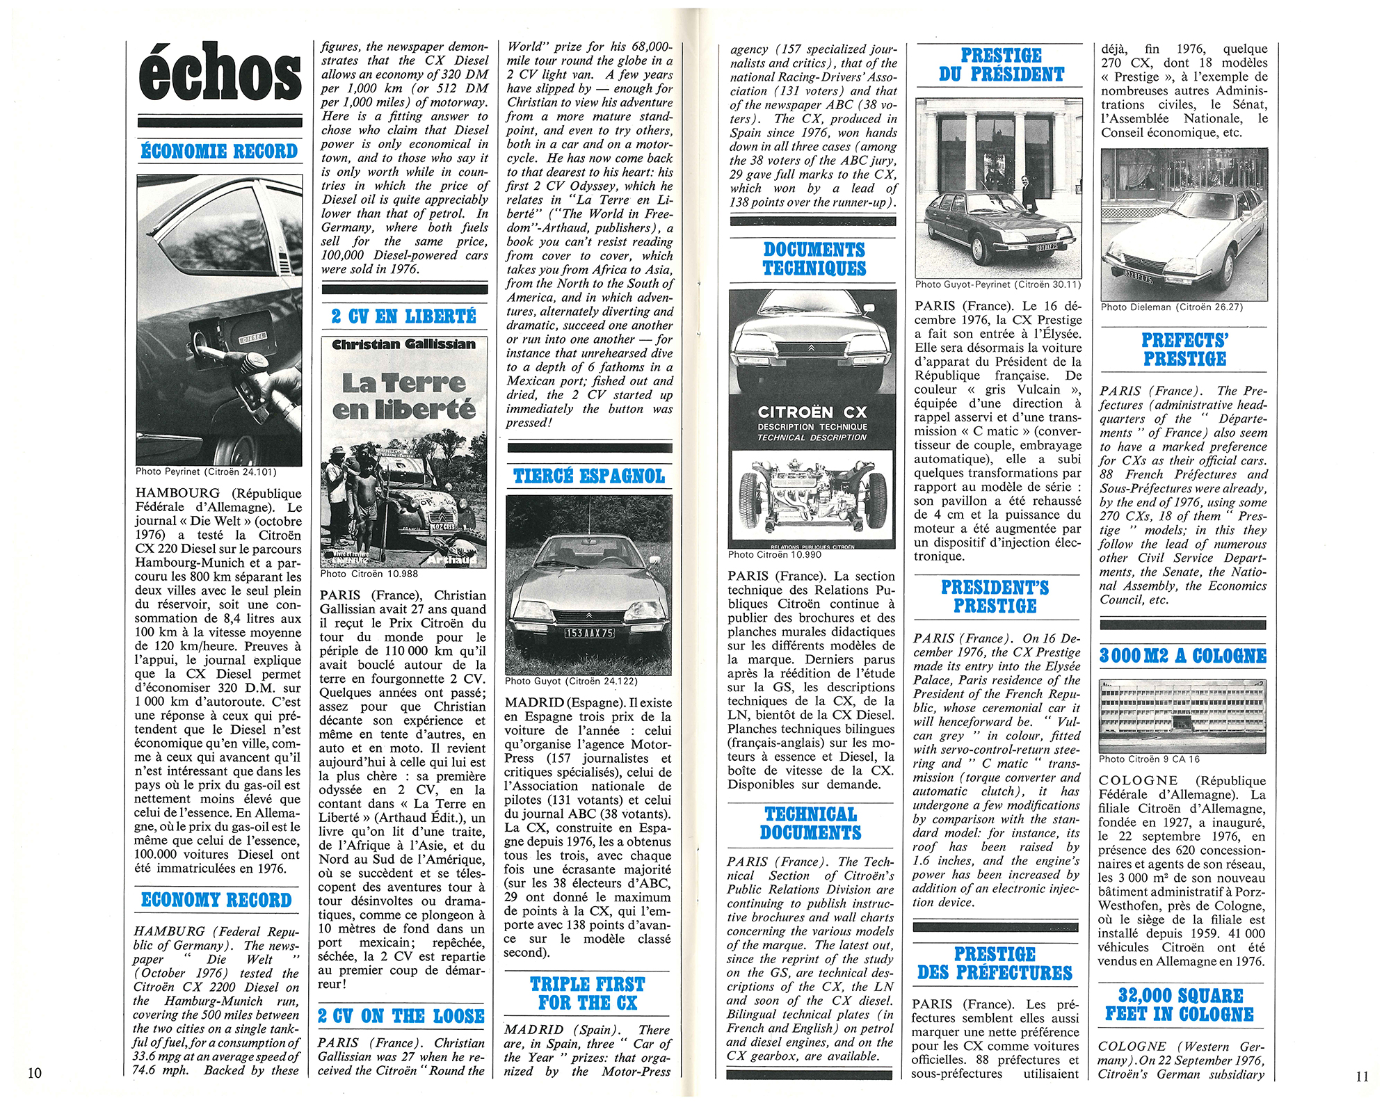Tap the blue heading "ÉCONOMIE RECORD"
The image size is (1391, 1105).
pyautogui.click(x=219, y=151)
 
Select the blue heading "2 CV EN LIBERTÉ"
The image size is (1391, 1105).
pyautogui.click(x=403, y=316)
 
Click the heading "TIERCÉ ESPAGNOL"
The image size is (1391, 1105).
pyautogui.click(x=588, y=476)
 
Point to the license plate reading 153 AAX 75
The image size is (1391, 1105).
pyautogui.click(x=588, y=633)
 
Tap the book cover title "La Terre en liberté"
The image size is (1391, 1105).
pyautogui.click(x=403, y=396)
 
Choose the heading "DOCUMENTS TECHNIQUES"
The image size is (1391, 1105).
pyautogui.click(x=814, y=259)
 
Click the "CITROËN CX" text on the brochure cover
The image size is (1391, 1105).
pyautogui.click(x=812, y=412)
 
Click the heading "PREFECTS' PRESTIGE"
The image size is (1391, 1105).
pyautogui.click(x=1184, y=350)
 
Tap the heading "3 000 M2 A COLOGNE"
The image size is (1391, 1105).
pyautogui.click(x=1182, y=656)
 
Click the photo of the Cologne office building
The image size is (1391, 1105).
pyautogui.click(x=1182, y=716)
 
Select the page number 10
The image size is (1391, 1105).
pyautogui.click(x=34, y=1072)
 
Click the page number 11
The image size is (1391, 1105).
pyautogui.click(x=1362, y=1076)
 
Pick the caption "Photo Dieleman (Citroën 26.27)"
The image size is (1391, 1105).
pyautogui.click(x=1172, y=307)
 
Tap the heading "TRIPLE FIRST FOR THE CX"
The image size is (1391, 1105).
pyautogui.click(x=588, y=993)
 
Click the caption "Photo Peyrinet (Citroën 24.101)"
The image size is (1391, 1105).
pyautogui.click(x=206, y=471)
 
